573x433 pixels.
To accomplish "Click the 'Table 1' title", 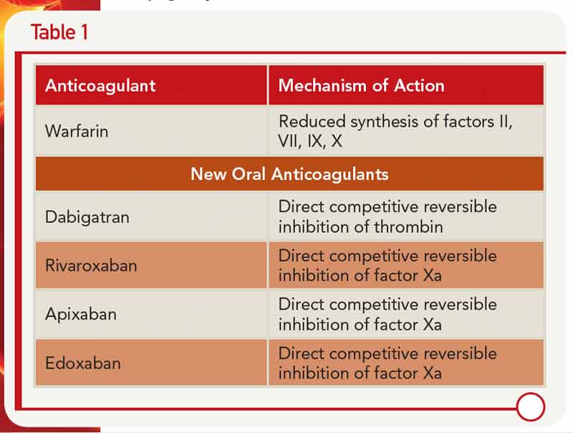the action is (59, 32).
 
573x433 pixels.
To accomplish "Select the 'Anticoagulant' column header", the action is (100, 85).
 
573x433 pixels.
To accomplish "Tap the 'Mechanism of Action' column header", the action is (362, 85).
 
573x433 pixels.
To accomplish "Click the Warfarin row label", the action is (77, 131).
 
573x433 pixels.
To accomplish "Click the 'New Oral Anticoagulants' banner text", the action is (289, 173).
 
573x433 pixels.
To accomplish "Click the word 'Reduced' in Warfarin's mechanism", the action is (312, 121).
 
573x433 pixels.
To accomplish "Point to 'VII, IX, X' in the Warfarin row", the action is (310, 141).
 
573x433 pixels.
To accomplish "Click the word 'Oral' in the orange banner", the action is (249, 173).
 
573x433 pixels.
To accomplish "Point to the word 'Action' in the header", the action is (420, 85).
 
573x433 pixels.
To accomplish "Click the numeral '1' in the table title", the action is (85, 32).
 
